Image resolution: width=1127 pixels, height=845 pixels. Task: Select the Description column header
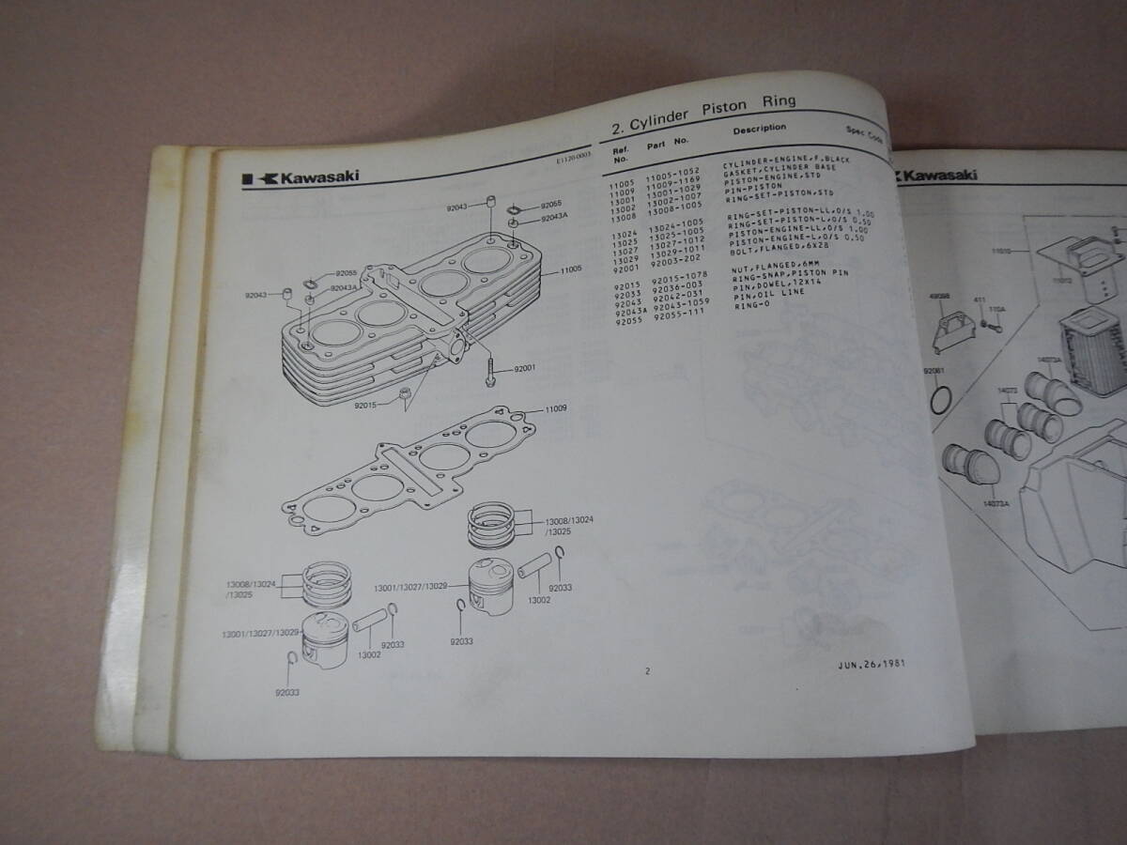[760, 129]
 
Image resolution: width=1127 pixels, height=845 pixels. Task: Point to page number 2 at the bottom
[646, 670]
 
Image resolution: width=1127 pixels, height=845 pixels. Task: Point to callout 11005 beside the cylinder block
[573, 269]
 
